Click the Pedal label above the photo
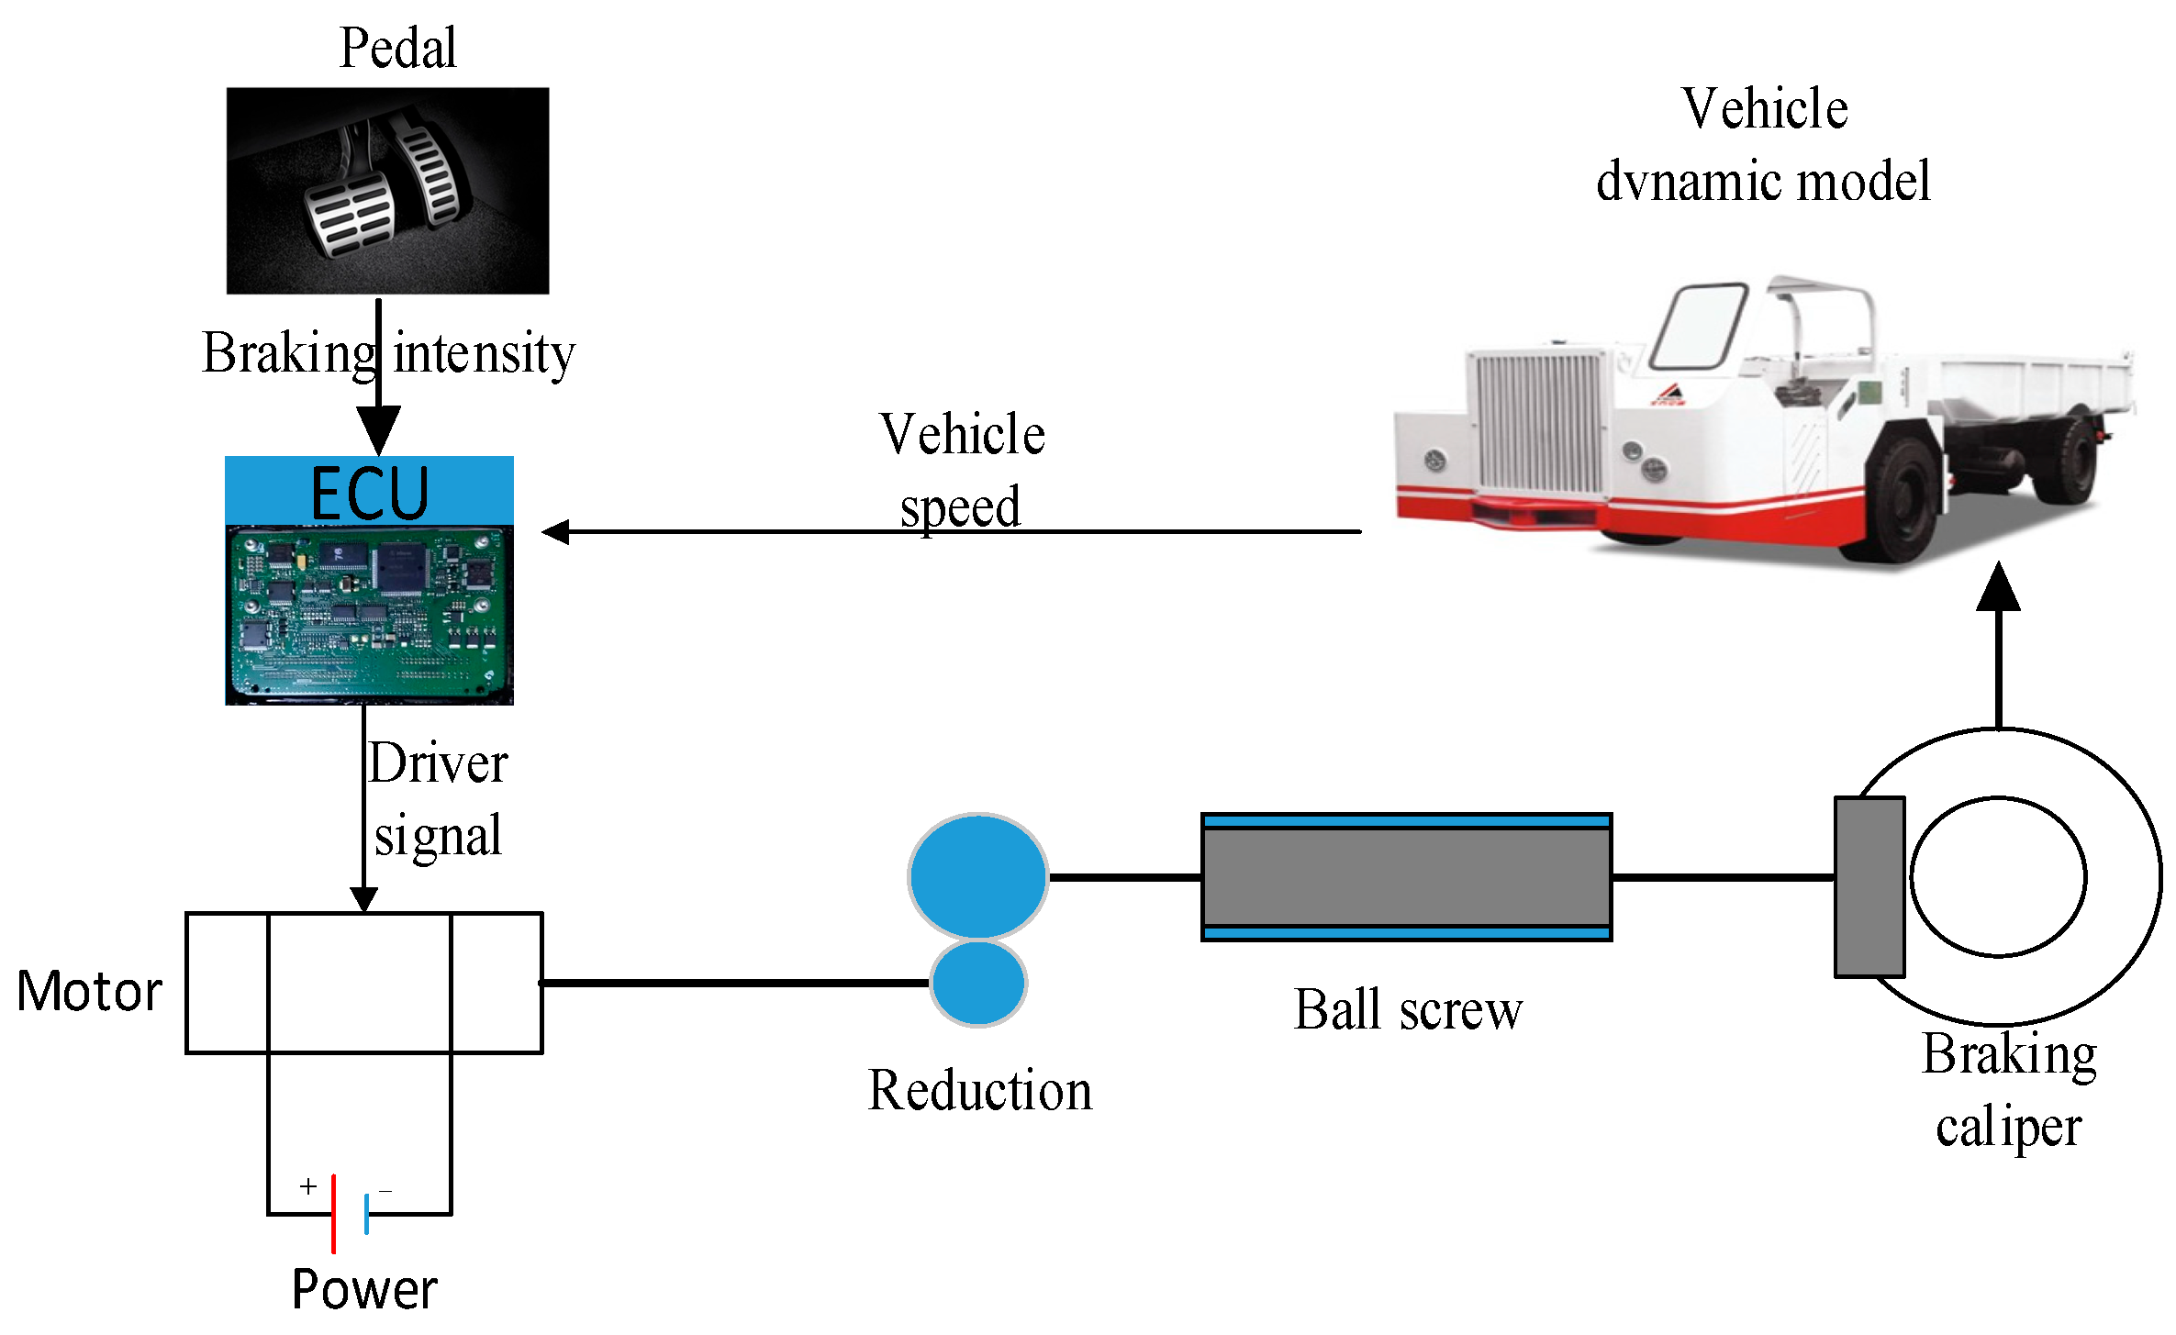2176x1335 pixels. (397, 48)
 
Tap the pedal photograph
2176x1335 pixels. (387, 191)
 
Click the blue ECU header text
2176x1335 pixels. (369, 493)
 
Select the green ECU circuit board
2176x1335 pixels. (369, 613)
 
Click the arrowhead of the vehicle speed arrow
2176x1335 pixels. (556, 531)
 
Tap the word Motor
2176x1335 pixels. (89, 991)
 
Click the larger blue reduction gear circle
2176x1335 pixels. (977, 876)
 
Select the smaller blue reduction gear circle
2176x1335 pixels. (978, 983)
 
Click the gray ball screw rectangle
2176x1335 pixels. (1406, 877)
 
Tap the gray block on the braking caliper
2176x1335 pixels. (1869, 886)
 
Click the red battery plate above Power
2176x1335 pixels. (333, 1213)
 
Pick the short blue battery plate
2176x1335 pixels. (366, 1213)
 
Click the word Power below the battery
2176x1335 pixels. (364, 1289)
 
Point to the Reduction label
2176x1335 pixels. (980, 1090)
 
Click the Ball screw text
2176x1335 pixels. (1407, 1010)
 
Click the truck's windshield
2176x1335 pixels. (1698, 326)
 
